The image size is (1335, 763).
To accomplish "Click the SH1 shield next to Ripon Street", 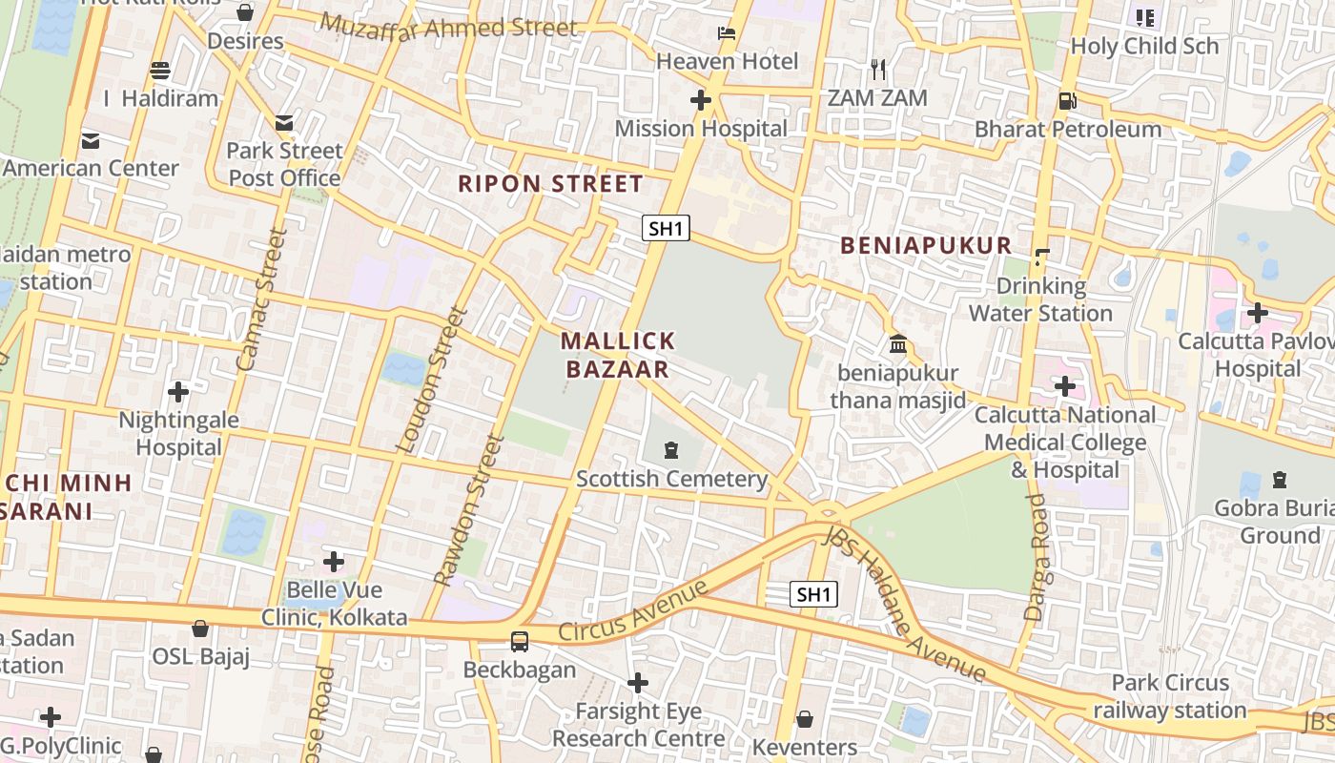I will (x=665, y=228).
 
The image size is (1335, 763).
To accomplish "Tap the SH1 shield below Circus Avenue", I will (x=813, y=594).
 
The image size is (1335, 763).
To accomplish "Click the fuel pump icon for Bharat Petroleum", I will (x=1067, y=100).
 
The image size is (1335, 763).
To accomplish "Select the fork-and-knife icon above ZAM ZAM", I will (x=878, y=70).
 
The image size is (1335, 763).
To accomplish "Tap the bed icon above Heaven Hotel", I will (x=727, y=33).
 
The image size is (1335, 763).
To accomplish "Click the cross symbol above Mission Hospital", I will (x=701, y=100).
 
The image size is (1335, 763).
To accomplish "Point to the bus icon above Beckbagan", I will (x=520, y=641).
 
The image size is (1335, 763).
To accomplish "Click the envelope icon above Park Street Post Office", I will (x=284, y=122).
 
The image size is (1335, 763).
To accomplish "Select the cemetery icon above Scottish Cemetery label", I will (x=671, y=449).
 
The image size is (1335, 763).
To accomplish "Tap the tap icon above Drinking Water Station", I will (x=1041, y=257).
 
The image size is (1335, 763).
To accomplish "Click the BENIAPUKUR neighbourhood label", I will (x=925, y=245).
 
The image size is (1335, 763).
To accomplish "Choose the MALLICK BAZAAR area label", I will (x=618, y=355).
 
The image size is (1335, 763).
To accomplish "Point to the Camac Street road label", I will (x=260, y=299).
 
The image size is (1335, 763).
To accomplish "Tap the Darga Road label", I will (x=1037, y=558).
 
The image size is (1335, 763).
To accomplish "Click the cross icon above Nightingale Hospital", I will (x=177, y=391).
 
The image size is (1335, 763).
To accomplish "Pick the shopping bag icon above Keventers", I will (x=805, y=718).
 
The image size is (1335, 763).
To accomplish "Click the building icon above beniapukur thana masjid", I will (x=897, y=343).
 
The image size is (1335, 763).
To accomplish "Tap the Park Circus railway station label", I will (x=1170, y=696).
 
